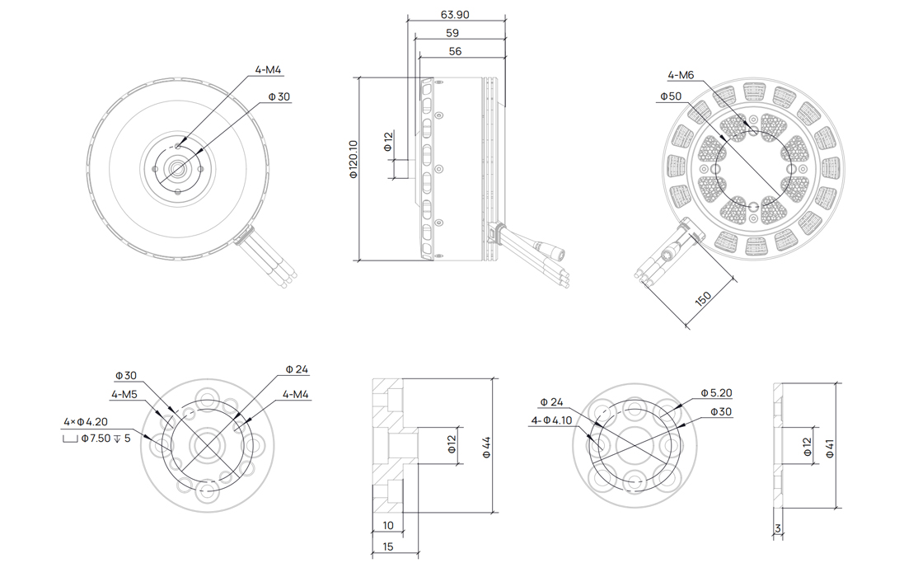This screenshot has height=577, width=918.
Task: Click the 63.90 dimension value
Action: coord(454,15)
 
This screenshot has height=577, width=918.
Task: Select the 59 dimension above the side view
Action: coord(452,34)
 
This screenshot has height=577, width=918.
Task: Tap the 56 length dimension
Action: coord(455,52)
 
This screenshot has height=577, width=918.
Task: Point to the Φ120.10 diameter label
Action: coord(353,159)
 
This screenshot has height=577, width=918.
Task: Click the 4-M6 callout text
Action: coord(681,75)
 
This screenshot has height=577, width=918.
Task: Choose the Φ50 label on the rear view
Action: coord(671,96)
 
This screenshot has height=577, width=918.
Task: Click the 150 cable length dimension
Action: coord(703,298)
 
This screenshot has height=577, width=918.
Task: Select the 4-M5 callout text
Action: coord(124,394)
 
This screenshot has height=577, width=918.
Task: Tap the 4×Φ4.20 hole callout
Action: coord(86,422)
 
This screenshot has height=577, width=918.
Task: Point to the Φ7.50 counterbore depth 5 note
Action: coord(96,439)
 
